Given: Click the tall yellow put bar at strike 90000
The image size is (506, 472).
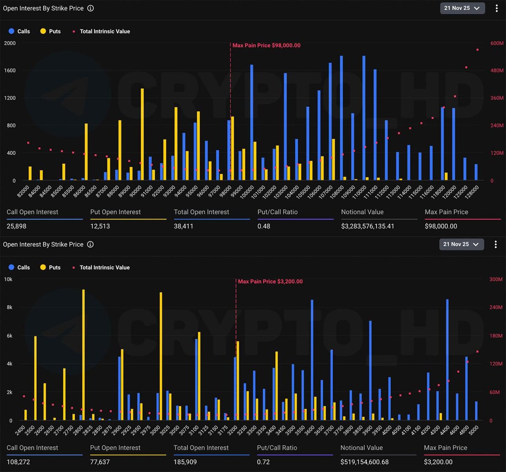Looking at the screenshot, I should click(142, 135).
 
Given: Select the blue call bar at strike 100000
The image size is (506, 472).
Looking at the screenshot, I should click(252, 122).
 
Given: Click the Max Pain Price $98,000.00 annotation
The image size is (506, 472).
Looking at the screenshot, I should click(266, 46).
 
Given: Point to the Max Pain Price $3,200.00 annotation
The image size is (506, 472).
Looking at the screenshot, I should click(270, 282).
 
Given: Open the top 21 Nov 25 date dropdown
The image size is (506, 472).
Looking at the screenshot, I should click(462, 8).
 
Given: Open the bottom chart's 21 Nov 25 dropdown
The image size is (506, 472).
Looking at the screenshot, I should click(462, 244).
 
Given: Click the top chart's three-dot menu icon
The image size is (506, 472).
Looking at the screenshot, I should click(496, 8).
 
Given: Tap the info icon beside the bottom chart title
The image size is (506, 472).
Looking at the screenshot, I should click(90, 244).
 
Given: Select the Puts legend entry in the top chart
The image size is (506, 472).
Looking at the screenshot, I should click(50, 31).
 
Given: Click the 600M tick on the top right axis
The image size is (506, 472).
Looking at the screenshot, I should click(497, 43).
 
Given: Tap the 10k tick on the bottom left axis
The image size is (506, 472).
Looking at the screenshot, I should click(8, 279).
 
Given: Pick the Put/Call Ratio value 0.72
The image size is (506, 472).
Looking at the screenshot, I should click(264, 462).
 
